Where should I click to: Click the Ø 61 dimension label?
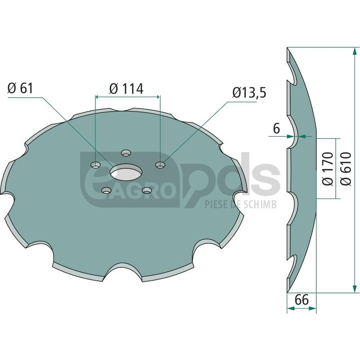tap(20, 88)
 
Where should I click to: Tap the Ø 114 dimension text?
tap(126, 88)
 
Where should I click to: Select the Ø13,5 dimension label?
tap(249, 93)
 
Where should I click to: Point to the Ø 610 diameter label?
tap(346, 168)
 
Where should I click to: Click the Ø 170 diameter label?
tap(328, 168)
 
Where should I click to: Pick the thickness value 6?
tap(277, 129)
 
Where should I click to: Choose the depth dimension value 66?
tap(301, 300)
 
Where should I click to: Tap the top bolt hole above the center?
tap(126, 153)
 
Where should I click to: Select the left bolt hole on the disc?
tap(96, 164)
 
